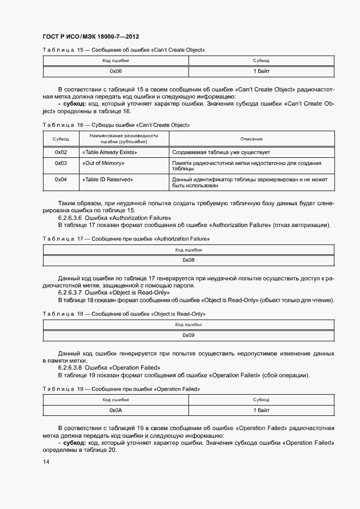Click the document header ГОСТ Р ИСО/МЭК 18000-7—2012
pos(90,37)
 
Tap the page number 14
pos(46,462)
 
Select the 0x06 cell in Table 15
pos(115,71)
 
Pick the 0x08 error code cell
pos(188,260)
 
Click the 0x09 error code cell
pos(188,335)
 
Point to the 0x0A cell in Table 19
pos(115,410)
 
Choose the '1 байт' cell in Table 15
pos(261,71)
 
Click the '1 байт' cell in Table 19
pos(261,410)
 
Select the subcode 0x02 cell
pos(61,152)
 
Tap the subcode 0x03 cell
pos(61,163)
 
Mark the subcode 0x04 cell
pos(61,179)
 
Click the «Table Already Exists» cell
pos(109,152)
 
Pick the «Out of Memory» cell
pos(103,163)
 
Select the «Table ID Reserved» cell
pos(107,179)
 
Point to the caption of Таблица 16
pos(115,125)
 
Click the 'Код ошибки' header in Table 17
pos(188,250)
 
